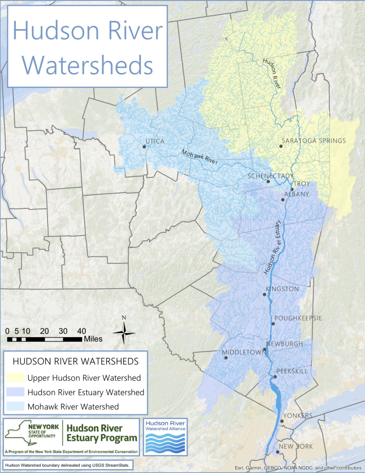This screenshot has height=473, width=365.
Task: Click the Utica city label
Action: [155, 141]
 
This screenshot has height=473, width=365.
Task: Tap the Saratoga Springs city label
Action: [313, 141]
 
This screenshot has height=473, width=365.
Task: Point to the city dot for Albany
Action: [283, 200]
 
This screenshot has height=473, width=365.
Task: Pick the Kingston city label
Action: [282, 289]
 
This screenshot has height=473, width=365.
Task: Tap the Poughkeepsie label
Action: [298, 318]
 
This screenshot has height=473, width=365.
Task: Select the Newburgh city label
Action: [288, 344]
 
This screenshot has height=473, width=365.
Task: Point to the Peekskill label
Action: [292, 371]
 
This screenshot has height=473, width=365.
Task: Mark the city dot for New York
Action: [276, 452]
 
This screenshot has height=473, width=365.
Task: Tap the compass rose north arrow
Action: [124, 332]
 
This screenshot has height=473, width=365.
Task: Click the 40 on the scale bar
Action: [81, 331]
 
